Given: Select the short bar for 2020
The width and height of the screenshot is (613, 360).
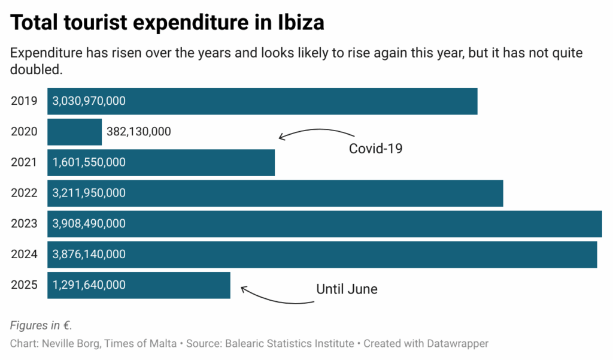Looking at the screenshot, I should pyautogui.click(x=74, y=132).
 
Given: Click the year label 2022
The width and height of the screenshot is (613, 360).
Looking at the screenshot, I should pyautogui.click(x=24, y=193).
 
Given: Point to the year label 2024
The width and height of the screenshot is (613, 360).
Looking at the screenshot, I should pyautogui.click(x=24, y=254).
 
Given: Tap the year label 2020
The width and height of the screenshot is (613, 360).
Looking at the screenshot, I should pyautogui.click(x=24, y=132).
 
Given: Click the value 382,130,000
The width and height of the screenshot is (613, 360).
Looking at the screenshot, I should pyautogui.click(x=138, y=132).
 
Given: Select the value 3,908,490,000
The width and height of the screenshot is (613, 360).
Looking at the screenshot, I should pyautogui.click(x=89, y=223).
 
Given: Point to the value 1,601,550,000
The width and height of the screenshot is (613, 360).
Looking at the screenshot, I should pyautogui.click(x=89, y=162).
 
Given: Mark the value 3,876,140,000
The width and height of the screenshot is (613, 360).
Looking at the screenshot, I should pyautogui.click(x=89, y=254).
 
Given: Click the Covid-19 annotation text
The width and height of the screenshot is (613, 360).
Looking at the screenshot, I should pyautogui.click(x=375, y=149).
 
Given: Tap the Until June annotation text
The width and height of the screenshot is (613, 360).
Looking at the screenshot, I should pyautogui.click(x=347, y=289).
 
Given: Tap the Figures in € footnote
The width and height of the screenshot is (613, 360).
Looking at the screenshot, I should pyautogui.click(x=41, y=325).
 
